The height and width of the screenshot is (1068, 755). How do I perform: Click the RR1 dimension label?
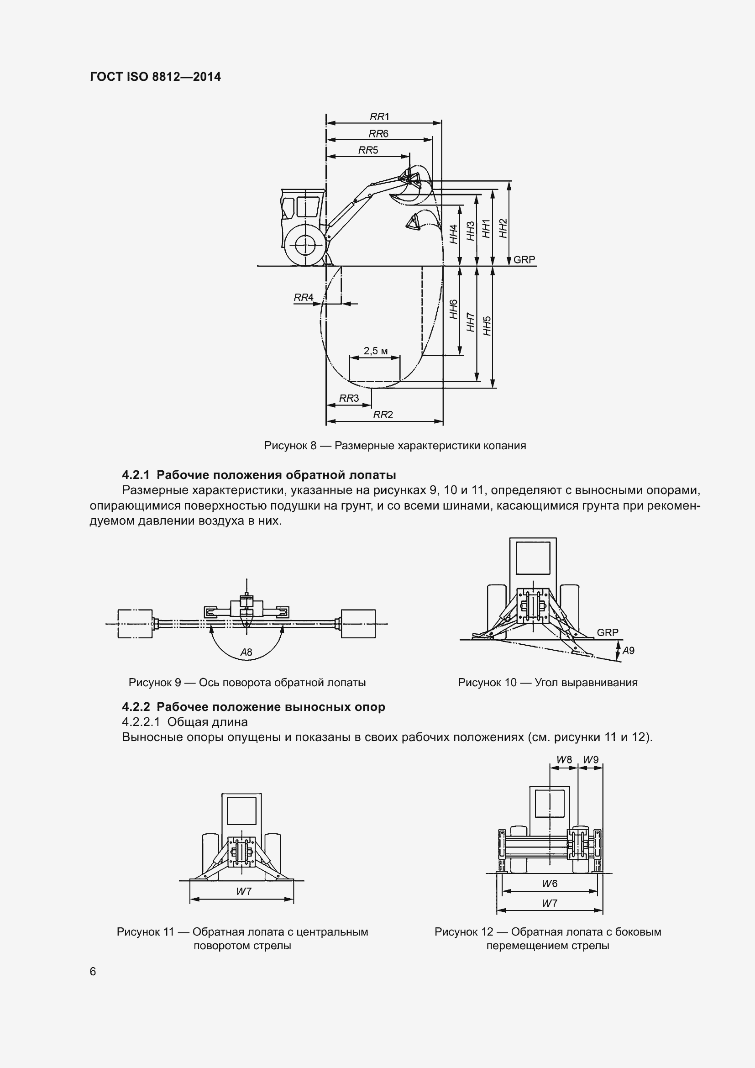click(x=379, y=117)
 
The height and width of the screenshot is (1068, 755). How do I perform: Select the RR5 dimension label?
click(x=368, y=150)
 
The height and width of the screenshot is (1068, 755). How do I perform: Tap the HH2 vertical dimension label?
click(x=503, y=228)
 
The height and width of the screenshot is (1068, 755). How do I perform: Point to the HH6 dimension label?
click(x=454, y=309)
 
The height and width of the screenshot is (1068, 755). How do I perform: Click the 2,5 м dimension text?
click(x=375, y=351)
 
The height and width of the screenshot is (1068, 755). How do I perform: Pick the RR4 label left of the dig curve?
click(x=303, y=297)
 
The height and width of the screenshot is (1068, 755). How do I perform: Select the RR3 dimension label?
click(x=349, y=398)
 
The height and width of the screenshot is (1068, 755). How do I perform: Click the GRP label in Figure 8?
click(x=524, y=259)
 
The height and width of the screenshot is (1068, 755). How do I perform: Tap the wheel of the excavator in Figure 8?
click(x=304, y=245)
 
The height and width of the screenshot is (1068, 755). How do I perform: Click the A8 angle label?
click(x=246, y=652)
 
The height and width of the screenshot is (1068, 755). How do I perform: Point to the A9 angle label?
click(x=628, y=651)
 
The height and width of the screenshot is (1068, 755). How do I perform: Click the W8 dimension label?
click(x=564, y=760)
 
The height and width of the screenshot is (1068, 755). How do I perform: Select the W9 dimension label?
click(x=590, y=760)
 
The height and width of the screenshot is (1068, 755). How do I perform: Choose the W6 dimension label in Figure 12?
click(x=549, y=884)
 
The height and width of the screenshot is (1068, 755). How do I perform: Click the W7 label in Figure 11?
click(x=243, y=891)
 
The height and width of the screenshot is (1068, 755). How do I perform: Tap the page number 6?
click(x=93, y=972)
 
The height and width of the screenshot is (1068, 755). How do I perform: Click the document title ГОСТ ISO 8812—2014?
click(x=155, y=77)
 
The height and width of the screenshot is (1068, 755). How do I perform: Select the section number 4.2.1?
click(x=136, y=475)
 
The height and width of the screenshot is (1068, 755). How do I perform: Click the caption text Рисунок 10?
click(x=487, y=682)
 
